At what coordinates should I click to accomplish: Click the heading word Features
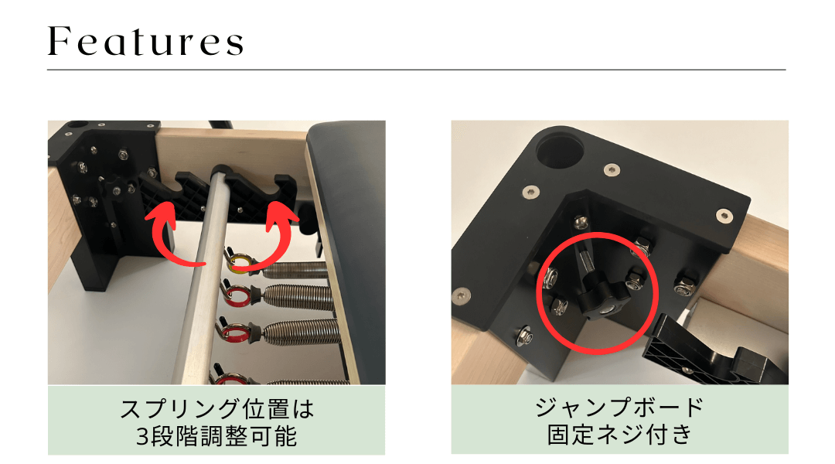click(145, 41)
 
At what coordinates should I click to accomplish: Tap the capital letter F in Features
click(59, 41)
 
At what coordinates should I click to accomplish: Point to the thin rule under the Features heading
click(417, 70)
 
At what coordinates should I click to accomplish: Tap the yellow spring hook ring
click(240, 261)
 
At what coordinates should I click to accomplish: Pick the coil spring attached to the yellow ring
click(296, 270)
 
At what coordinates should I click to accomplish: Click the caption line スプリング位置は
click(216, 409)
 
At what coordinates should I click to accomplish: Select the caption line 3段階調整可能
click(216, 437)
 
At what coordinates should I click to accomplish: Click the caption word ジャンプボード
click(619, 408)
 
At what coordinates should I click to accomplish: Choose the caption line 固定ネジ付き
click(620, 434)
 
